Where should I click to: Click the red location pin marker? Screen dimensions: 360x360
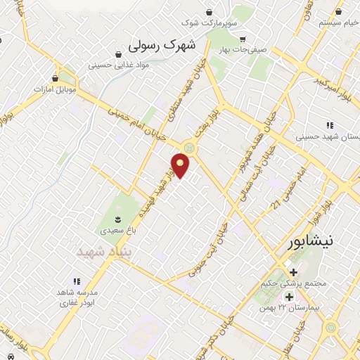click(x=181, y=165)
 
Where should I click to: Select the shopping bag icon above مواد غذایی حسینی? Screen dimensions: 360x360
click(x=119, y=53)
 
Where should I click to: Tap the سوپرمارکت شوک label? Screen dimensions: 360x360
click(x=209, y=23)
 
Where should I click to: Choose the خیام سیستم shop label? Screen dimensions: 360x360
click(x=324, y=22)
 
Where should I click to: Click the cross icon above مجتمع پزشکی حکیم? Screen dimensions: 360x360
click(x=292, y=273)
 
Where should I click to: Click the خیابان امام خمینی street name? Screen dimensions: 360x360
click(x=137, y=120)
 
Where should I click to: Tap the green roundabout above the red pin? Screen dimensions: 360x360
click(x=188, y=147)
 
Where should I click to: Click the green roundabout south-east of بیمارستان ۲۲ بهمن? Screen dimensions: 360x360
click(x=330, y=328)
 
